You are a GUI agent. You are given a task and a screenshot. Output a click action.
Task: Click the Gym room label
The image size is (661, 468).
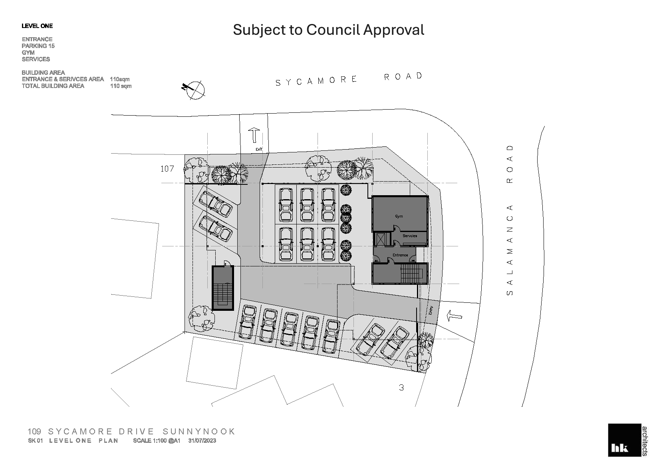click(399, 216)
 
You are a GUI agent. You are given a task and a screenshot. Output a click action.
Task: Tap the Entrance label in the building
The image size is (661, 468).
click(400, 255)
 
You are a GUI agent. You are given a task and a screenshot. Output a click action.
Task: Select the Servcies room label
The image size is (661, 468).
click(410, 236)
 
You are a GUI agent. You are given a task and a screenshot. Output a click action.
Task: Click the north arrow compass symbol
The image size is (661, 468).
click(194, 90)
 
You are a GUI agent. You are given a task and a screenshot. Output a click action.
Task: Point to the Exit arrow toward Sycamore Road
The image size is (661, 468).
click(254, 135)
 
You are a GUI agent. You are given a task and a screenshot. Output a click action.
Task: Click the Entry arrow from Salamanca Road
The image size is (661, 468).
click(455, 316)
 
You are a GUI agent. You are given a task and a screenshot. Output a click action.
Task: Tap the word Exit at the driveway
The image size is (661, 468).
click(259, 149)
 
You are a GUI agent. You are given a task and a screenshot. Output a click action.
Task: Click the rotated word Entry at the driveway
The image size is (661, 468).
click(431, 310)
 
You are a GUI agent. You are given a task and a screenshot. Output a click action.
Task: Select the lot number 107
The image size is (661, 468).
click(167, 169)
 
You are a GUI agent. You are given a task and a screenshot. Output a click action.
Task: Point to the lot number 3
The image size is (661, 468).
click(401, 387)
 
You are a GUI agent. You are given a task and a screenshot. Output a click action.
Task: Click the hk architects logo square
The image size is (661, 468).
click(624, 440)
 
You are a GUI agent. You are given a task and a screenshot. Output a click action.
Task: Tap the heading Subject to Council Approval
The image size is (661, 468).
click(328, 30)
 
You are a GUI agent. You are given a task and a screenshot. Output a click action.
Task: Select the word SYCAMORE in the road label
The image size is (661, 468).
click(316, 81)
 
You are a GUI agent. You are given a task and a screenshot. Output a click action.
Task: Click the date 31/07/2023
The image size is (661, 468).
click(202, 440)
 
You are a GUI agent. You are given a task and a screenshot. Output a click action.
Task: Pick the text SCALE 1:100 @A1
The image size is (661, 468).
click(157, 440)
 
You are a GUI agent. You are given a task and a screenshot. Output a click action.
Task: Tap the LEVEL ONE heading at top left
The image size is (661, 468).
click(37, 26)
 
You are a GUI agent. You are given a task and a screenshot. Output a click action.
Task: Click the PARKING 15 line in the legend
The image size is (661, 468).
click(38, 46)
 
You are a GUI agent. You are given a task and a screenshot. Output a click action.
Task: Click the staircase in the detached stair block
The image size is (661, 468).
click(223, 296)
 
